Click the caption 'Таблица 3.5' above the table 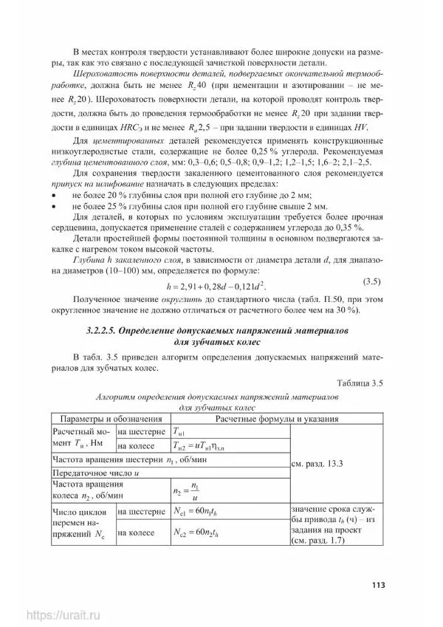(x=360, y=382)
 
